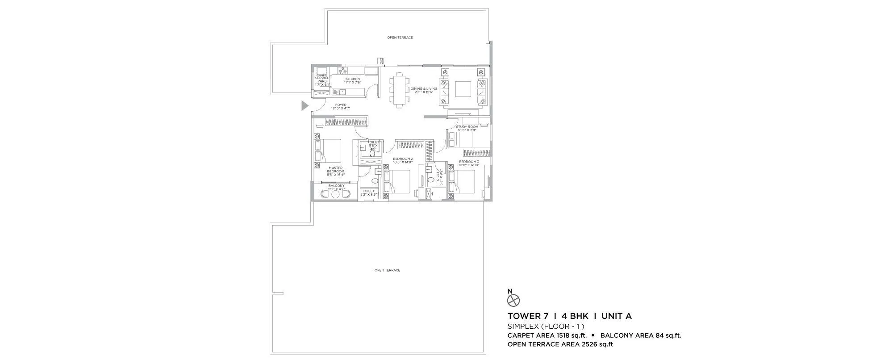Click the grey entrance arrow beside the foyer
click(x=305, y=106)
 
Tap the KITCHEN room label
click(x=352, y=79)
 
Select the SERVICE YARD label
click(x=322, y=80)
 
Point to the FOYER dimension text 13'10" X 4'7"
click(x=341, y=109)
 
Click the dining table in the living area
click(x=399, y=91)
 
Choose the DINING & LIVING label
click(x=424, y=89)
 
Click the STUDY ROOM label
click(x=467, y=127)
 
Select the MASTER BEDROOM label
click(x=335, y=170)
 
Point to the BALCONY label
click(x=336, y=185)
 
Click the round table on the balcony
click(x=335, y=195)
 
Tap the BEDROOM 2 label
click(x=403, y=159)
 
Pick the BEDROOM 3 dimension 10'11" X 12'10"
click(x=468, y=165)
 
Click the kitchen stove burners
click(x=343, y=71)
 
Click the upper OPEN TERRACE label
click(x=400, y=38)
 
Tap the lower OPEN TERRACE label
click(x=387, y=270)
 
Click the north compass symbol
click(x=514, y=300)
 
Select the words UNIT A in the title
click(x=616, y=317)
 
